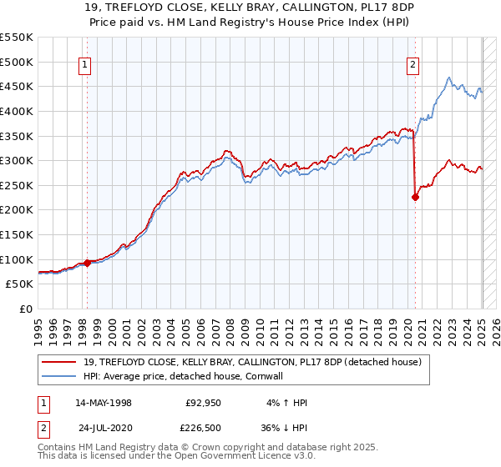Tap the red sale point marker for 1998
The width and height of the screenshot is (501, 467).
88,263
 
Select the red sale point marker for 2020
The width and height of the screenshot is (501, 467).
415,197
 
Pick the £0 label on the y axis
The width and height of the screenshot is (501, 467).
27,309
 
